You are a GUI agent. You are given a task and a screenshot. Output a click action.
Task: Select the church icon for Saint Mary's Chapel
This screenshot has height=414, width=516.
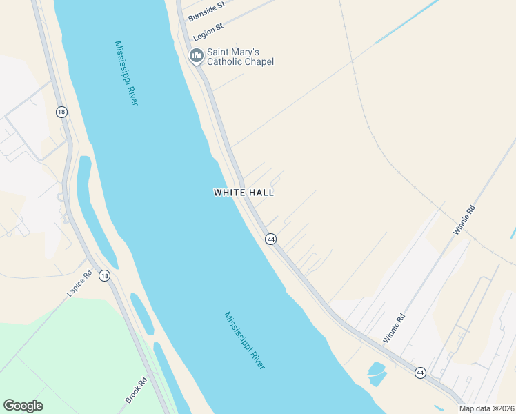[x=196, y=56]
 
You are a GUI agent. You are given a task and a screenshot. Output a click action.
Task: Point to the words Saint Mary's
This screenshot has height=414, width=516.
[x=233, y=52]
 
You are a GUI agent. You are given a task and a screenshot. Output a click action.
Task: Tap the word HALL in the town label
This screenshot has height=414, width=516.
[x=261, y=193]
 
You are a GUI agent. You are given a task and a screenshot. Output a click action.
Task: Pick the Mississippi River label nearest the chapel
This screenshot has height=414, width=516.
[x=127, y=73]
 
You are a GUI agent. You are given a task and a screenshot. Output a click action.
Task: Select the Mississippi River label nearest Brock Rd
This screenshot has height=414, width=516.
[x=245, y=340]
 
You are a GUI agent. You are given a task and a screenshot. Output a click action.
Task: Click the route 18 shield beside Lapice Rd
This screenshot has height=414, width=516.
[x=103, y=276]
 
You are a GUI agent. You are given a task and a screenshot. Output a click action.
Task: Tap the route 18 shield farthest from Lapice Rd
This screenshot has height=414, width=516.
[x=61, y=112]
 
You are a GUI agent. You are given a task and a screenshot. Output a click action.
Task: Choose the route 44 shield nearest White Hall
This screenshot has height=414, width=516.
[x=270, y=239]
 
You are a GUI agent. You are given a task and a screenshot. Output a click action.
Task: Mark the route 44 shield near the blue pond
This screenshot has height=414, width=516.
[x=420, y=373]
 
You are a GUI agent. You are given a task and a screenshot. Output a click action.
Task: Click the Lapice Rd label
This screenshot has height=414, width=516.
[x=79, y=284]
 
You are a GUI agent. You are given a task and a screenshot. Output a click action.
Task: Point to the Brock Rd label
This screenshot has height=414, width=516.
[x=137, y=391]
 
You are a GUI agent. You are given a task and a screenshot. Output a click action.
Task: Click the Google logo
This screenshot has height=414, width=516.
[x=23, y=406]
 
